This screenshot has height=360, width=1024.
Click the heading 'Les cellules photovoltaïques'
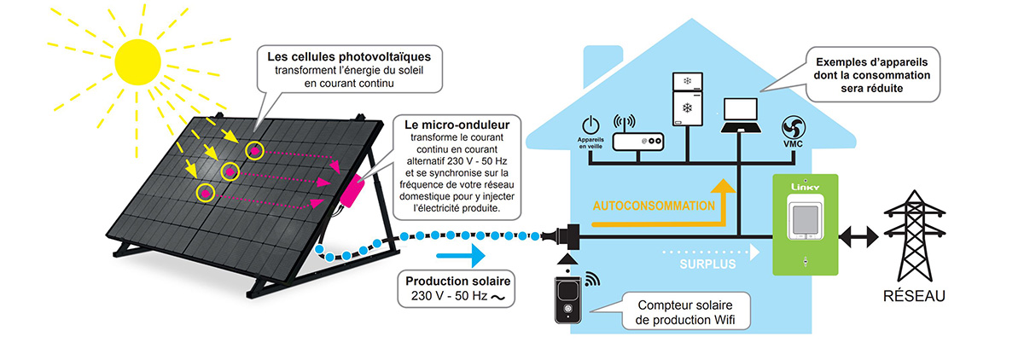click(348, 56)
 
